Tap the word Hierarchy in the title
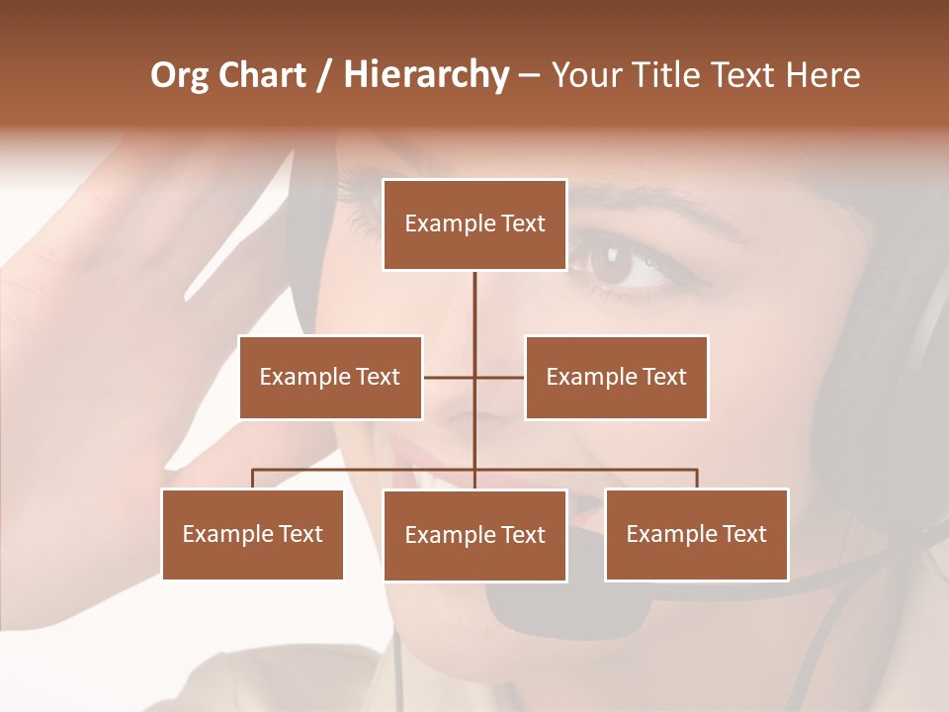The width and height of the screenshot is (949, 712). [x=425, y=75]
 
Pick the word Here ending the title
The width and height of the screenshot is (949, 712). [x=822, y=75]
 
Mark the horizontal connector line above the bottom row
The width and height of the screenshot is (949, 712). [x=366, y=470]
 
